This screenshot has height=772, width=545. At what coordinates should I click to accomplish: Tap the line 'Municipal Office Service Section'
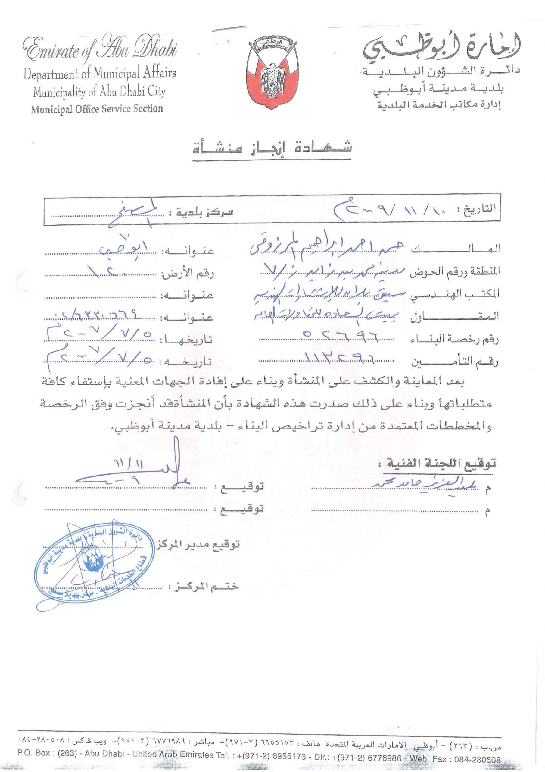click(x=97, y=109)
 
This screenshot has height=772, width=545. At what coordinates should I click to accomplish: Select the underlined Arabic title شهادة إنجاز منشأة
click(x=272, y=148)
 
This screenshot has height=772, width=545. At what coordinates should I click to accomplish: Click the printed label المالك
click(x=455, y=249)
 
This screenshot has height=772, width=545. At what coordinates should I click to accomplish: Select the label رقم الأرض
click(x=188, y=273)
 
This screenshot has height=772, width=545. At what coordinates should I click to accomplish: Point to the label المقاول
click(x=455, y=317)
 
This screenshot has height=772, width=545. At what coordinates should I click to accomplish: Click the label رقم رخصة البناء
click(x=455, y=340)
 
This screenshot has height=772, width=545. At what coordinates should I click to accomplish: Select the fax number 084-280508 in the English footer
click(x=477, y=760)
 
